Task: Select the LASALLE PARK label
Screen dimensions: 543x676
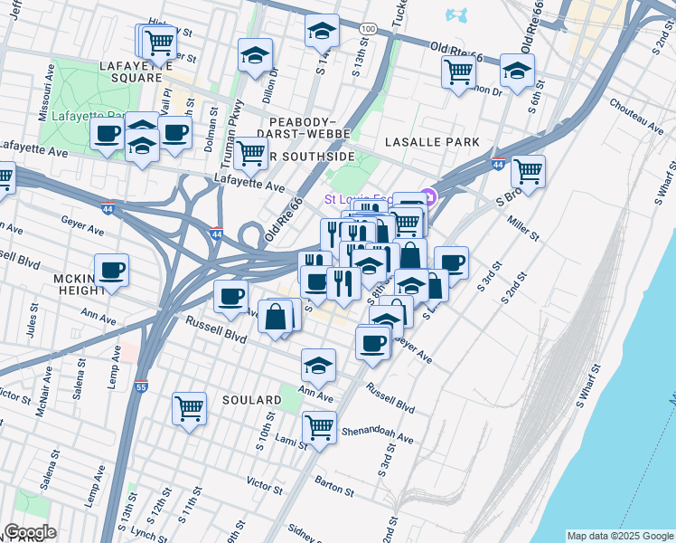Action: [431, 143]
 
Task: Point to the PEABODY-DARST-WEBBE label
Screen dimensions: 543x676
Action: [304, 129]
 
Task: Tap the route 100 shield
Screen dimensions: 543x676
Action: [366, 30]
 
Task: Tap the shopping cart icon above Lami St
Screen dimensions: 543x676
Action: [319, 425]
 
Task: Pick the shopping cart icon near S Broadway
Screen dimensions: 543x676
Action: [528, 169]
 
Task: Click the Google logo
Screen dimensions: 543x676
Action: [30, 532]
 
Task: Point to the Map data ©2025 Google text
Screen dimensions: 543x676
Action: [619, 536]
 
